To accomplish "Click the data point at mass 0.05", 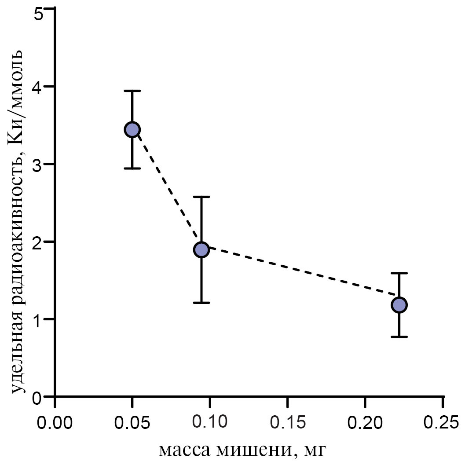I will point(132,129).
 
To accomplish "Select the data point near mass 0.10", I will point(201,250).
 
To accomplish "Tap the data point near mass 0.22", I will point(399,304).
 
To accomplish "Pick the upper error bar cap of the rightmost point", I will point(399,273).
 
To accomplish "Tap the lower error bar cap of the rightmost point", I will point(399,337).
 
